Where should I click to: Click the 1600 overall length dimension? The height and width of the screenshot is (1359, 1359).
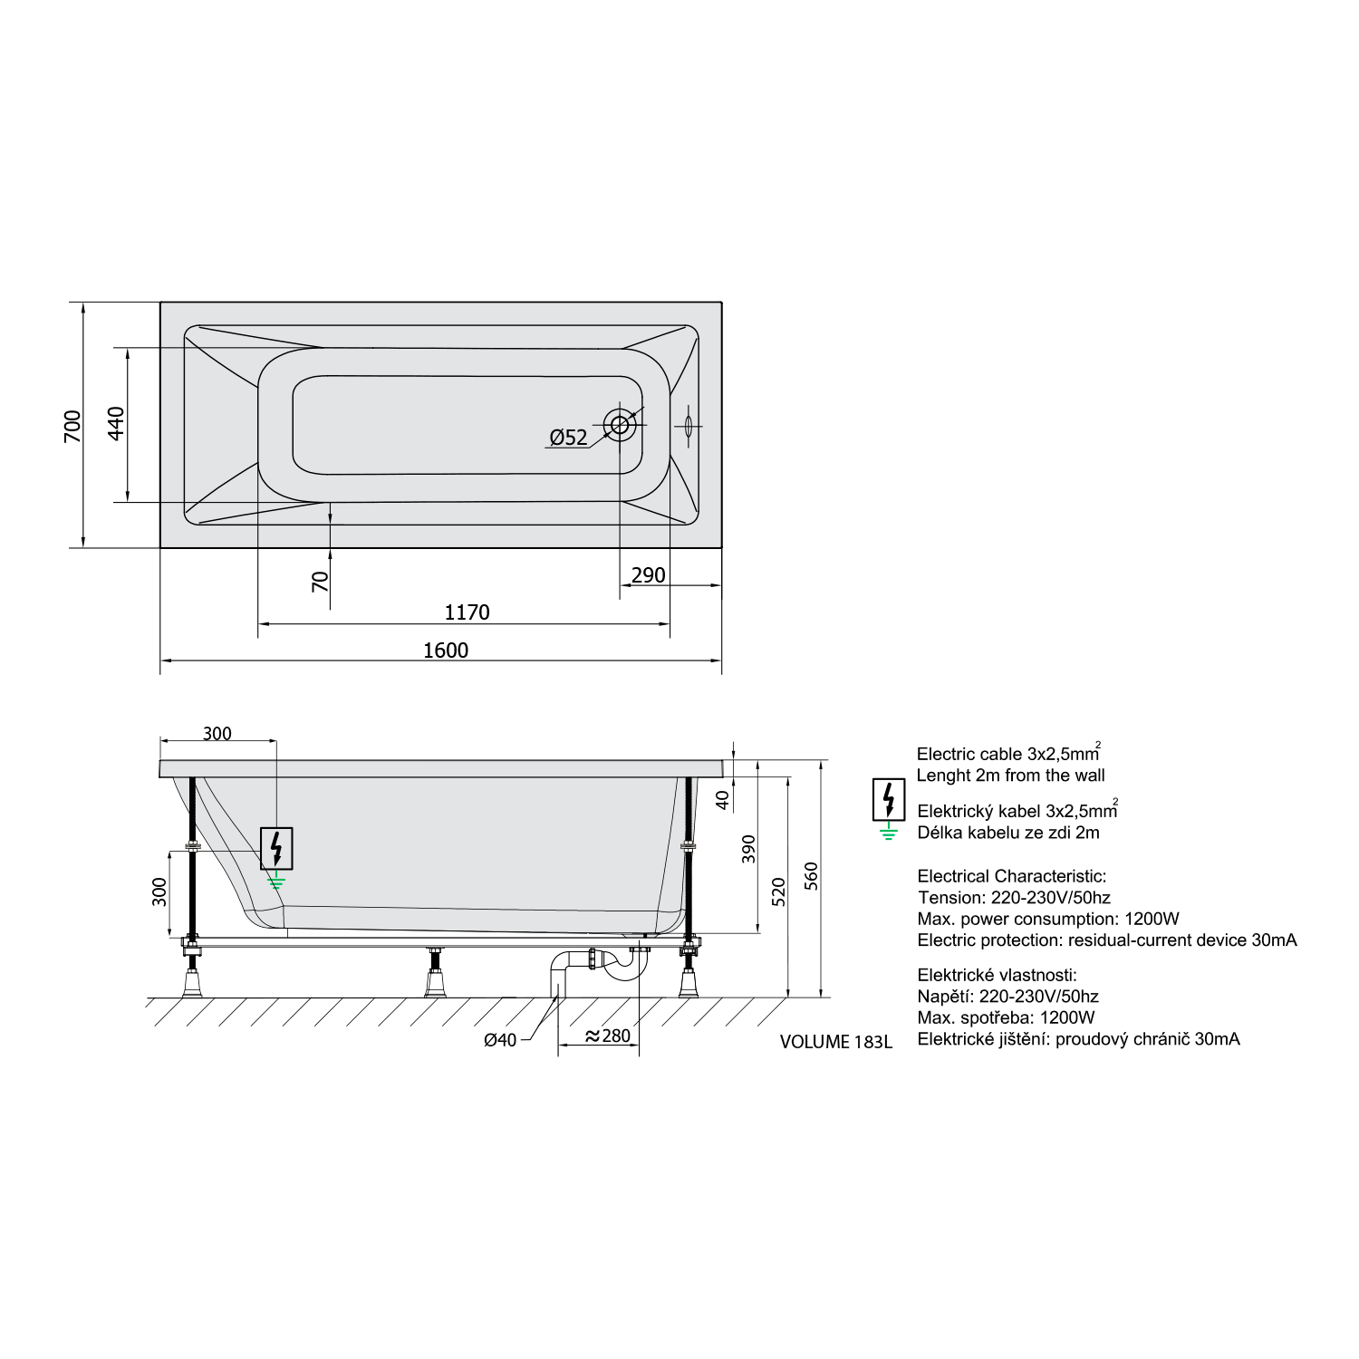tap(446, 651)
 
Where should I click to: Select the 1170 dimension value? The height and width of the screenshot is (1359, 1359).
tap(467, 612)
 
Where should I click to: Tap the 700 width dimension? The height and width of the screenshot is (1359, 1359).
tap(72, 426)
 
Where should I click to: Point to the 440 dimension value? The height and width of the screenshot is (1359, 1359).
tap(116, 423)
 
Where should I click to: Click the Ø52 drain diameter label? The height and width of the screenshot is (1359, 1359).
tap(568, 438)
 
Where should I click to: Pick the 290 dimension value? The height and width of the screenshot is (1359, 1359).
tap(649, 575)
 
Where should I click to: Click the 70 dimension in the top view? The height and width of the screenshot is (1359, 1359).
tap(321, 582)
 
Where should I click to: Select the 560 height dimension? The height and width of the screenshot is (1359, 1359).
tap(811, 876)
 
